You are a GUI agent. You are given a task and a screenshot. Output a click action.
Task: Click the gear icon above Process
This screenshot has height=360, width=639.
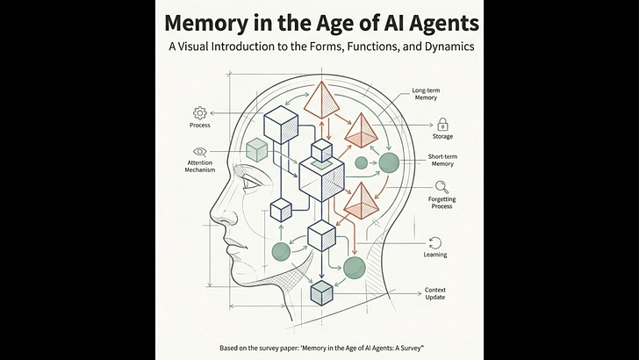[x=199, y=112]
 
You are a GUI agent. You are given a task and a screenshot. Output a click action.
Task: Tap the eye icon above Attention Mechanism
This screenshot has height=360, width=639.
[x=199, y=150]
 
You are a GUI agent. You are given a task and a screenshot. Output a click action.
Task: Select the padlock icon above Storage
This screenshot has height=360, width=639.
[x=443, y=124]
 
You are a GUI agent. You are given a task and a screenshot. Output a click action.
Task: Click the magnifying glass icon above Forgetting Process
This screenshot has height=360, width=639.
[x=442, y=185]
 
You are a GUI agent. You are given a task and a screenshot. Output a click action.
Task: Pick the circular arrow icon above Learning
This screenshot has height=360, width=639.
[x=435, y=242]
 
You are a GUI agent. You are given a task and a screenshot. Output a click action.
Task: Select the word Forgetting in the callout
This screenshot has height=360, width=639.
[x=442, y=198]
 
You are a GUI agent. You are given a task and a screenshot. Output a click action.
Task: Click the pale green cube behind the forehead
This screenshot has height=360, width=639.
[x=257, y=149]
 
